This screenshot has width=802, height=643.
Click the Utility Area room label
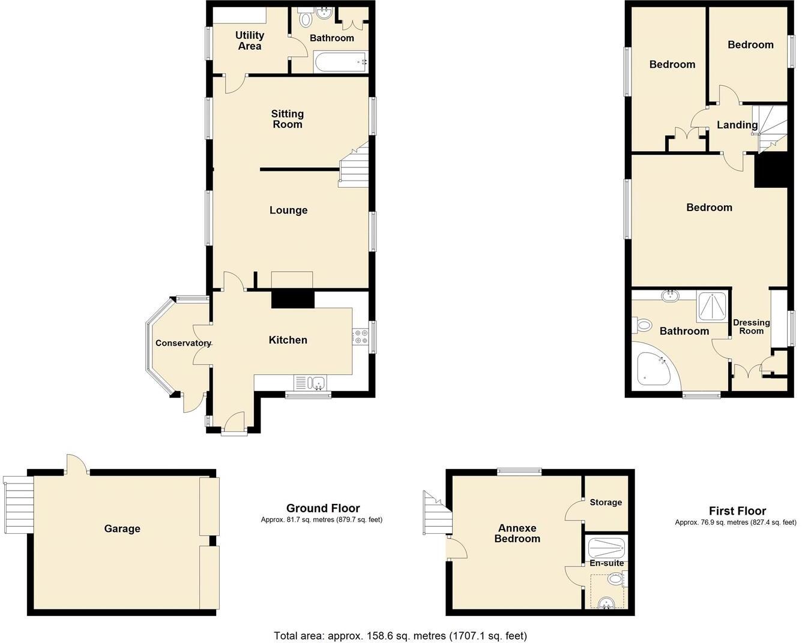click(249, 41)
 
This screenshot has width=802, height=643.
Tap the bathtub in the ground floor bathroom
click(340, 61)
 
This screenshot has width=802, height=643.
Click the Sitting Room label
click(288, 119)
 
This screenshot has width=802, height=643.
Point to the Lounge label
click(288, 210)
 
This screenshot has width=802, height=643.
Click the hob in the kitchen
click(360, 337)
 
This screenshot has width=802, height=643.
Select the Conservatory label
click(183, 343)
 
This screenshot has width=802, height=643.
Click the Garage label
click(122, 528)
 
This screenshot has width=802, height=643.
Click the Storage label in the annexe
click(605, 502)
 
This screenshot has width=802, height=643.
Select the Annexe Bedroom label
click(517, 533)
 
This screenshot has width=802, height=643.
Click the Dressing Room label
click(751, 326)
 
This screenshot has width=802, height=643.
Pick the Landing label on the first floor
click(737, 125)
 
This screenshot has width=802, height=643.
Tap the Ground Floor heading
click(323, 509)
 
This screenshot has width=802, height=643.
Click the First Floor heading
click(737, 511)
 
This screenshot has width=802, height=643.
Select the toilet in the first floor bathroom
click(643, 326)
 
